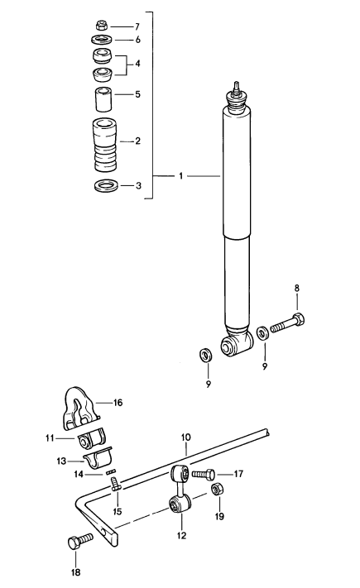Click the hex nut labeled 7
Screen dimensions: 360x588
[x=102, y=26]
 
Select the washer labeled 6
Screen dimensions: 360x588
[x=102, y=39]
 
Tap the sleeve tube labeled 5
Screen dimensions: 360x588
[x=103, y=99]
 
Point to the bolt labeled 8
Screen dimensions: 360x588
[x=287, y=323]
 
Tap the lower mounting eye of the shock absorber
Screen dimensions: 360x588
[x=236, y=344]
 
